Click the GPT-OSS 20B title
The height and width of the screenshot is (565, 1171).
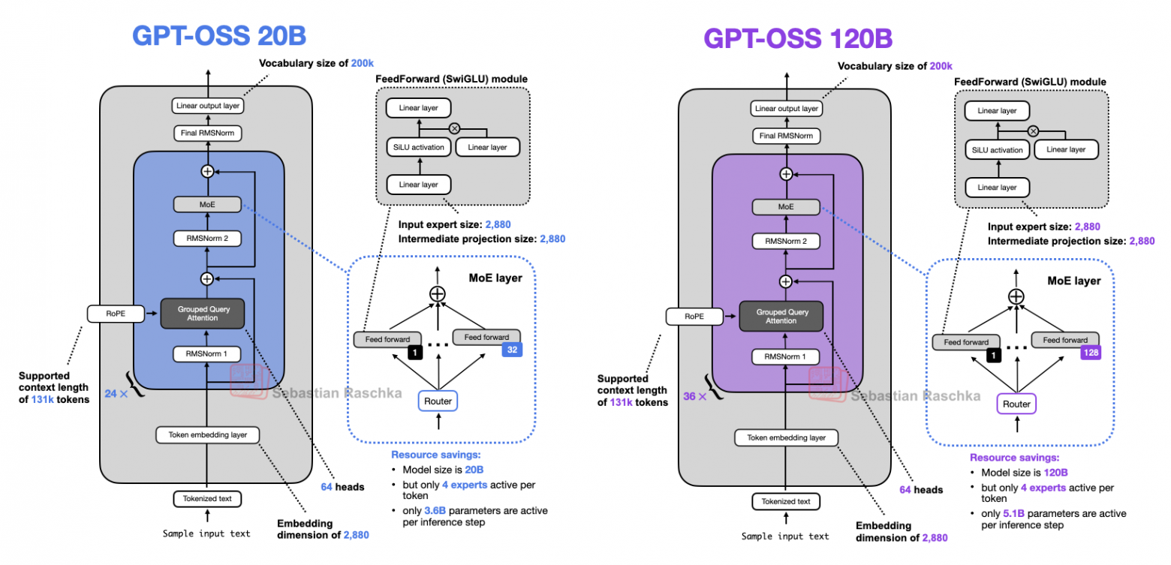(x=219, y=35)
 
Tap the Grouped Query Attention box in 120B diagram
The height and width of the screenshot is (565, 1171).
(x=781, y=315)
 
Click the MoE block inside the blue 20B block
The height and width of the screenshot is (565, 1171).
(x=207, y=203)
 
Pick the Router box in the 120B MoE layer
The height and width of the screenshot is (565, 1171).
(x=1016, y=404)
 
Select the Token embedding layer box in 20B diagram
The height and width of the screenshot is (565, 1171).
(x=207, y=434)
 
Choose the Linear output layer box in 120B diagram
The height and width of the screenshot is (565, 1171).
(x=786, y=108)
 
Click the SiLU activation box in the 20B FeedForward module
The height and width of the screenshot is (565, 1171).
(x=418, y=147)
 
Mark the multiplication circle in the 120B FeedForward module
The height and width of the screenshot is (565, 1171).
(x=1033, y=131)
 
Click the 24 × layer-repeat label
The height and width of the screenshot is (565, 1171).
(x=111, y=392)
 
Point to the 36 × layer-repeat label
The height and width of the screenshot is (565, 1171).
(x=691, y=395)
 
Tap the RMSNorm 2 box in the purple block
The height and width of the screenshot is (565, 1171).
(x=786, y=242)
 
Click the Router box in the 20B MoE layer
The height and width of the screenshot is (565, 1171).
(x=438, y=401)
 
